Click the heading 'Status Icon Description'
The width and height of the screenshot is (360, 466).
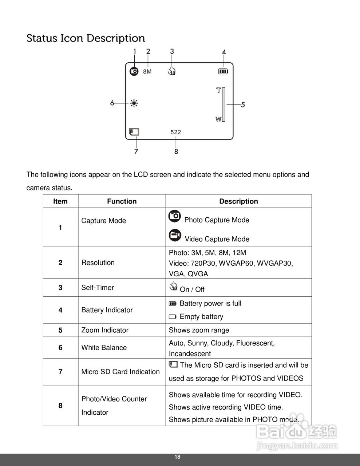pyautogui.click(x=86, y=38)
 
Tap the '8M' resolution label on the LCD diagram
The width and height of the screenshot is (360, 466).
pyautogui.click(x=147, y=72)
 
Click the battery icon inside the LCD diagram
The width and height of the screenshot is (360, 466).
pyautogui.click(x=223, y=71)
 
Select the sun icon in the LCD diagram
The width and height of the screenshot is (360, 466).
pyautogui.click(x=134, y=103)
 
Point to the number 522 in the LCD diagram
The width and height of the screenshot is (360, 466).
pyautogui.click(x=176, y=132)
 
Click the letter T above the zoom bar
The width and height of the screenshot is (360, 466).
pyautogui.click(x=218, y=90)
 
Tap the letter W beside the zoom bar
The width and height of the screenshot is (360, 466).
pyautogui.click(x=218, y=119)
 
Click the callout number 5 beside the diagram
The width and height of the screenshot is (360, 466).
pyautogui.click(x=243, y=105)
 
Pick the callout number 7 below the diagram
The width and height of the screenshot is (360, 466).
pyautogui.click(x=136, y=151)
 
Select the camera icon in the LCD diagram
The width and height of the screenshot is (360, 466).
pyautogui.click(x=134, y=71)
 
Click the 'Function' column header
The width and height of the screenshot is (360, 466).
pyautogui.click(x=122, y=201)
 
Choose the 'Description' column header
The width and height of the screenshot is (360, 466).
pyautogui.click(x=238, y=201)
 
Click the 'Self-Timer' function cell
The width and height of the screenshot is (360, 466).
pyautogui.click(x=98, y=288)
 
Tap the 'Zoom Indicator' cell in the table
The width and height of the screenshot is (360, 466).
pyautogui.click(x=105, y=330)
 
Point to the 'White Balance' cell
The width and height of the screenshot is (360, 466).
pyautogui.click(x=104, y=348)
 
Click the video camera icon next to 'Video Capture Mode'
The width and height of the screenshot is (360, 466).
pyautogui.click(x=175, y=236)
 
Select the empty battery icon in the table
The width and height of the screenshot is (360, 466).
pyautogui.click(x=173, y=317)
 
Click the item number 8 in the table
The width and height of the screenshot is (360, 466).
pyautogui.click(x=60, y=406)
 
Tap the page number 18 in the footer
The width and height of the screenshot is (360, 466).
pyautogui.click(x=177, y=457)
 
